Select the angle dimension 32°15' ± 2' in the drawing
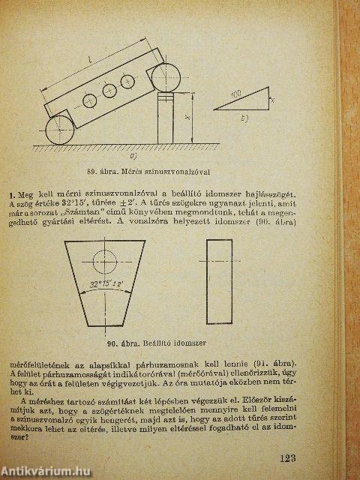point(109,285)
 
